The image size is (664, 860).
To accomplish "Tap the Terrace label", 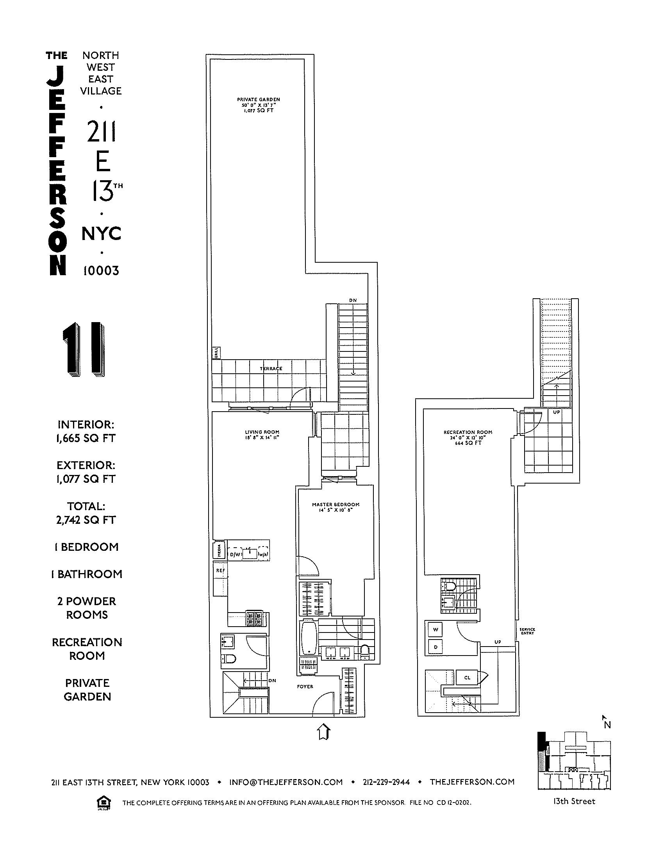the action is [x=271, y=369].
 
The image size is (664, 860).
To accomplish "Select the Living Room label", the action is [x=262, y=432].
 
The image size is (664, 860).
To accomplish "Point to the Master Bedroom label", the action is [x=336, y=504].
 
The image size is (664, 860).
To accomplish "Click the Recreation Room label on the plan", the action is [x=468, y=432].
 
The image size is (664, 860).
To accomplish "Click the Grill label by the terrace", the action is [x=216, y=353].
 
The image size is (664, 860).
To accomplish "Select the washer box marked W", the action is [x=436, y=630].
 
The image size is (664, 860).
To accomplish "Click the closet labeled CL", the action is [x=467, y=678].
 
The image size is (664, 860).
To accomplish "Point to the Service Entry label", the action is [x=527, y=631].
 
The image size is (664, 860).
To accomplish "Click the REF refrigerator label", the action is [x=220, y=570].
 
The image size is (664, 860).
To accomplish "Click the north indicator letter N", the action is [x=607, y=724].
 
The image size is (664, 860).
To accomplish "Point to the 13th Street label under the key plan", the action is [x=574, y=801].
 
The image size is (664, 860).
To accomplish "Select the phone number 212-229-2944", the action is [x=386, y=782].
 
